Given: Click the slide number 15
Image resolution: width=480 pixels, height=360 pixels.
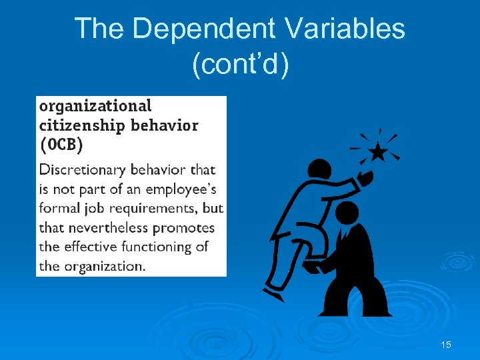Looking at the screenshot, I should pyautogui.click(x=446, y=345).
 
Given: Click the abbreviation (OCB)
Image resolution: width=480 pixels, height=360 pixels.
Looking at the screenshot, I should pyautogui.click(x=62, y=144).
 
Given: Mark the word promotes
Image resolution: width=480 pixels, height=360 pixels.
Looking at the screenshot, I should pyautogui.click(x=184, y=228).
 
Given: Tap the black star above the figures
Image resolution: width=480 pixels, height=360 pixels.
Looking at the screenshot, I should pyautogui.click(x=377, y=153).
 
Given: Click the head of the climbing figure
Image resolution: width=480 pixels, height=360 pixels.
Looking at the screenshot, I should pyautogui.click(x=319, y=170).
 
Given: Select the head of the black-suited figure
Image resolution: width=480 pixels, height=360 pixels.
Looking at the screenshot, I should pyautogui.click(x=347, y=213).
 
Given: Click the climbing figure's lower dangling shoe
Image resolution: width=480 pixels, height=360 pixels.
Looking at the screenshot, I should pyautogui.click(x=273, y=294).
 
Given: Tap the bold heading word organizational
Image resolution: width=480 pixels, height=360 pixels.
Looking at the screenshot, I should pyautogui.click(x=95, y=105).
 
